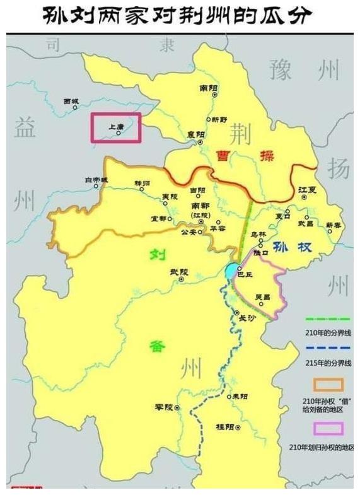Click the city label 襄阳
pyautogui.click(x=195, y=134)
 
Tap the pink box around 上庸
pyautogui.click(x=115, y=127)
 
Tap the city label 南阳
pyautogui.click(x=207, y=88)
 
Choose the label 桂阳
pyautogui.click(x=225, y=427)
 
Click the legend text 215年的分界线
pyautogui.click(x=326, y=363)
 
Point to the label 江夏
pyautogui.click(x=306, y=189)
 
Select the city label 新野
pyautogui.click(x=219, y=119)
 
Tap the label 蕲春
pyautogui.click(x=334, y=224)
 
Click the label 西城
pyautogui.click(x=71, y=101)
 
